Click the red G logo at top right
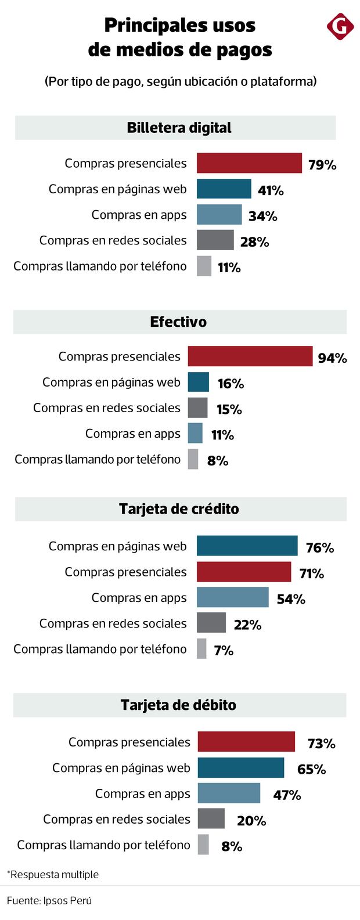click(x=340, y=27)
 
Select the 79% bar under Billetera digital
click(x=249, y=163)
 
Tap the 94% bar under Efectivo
click(x=250, y=356)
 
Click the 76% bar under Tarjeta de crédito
click(x=247, y=546)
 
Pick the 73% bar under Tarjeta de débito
click(x=246, y=742)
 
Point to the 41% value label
click(x=271, y=190)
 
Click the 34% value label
click(x=262, y=216)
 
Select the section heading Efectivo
click(x=178, y=322)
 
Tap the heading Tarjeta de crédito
click(x=179, y=509)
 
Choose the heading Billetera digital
click(x=179, y=128)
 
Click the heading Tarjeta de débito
click(x=178, y=705)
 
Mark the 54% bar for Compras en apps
click(x=232, y=597)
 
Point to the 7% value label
click(x=224, y=650)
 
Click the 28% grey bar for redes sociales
click(x=215, y=240)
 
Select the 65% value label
click(x=311, y=769)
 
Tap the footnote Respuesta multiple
click(x=53, y=874)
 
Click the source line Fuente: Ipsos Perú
click(x=49, y=900)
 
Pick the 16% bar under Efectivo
click(x=198, y=382)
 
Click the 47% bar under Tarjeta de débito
click(x=229, y=793)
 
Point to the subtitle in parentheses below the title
click(x=180, y=82)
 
